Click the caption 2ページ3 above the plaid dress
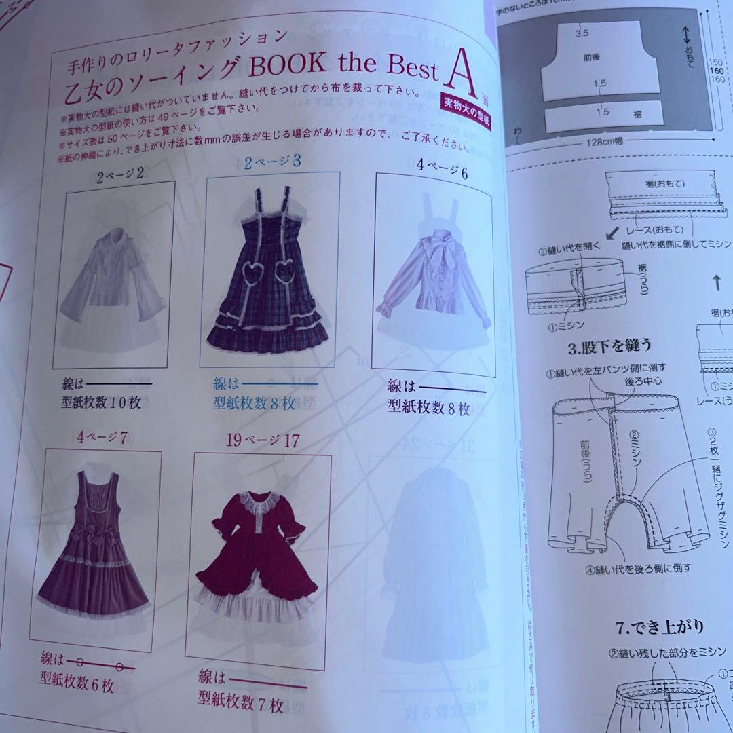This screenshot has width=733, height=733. (x=272, y=163)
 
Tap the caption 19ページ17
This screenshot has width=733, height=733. (x=263, y=440)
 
